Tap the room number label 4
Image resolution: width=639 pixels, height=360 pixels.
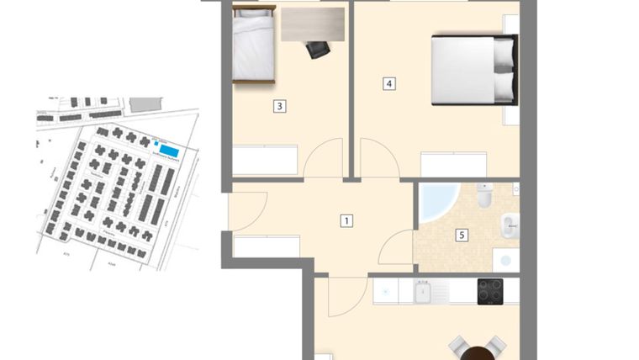pos(388,83)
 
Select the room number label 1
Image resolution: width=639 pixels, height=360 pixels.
pos(346,221)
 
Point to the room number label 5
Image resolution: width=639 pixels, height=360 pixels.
pos(462,236)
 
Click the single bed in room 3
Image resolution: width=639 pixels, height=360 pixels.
pos(254,46)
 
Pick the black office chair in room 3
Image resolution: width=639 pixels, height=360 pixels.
pos(318,50)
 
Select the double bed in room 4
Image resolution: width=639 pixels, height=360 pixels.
pos(473,70)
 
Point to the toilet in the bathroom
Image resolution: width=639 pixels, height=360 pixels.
pos(485,196)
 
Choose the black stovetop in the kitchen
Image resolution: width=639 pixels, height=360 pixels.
pos(490,291)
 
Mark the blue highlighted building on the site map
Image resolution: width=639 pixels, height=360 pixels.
pos(168,151)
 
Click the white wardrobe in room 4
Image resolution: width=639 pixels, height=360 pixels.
pos(453,164)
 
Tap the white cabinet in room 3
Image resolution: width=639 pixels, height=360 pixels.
pos(266,159)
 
